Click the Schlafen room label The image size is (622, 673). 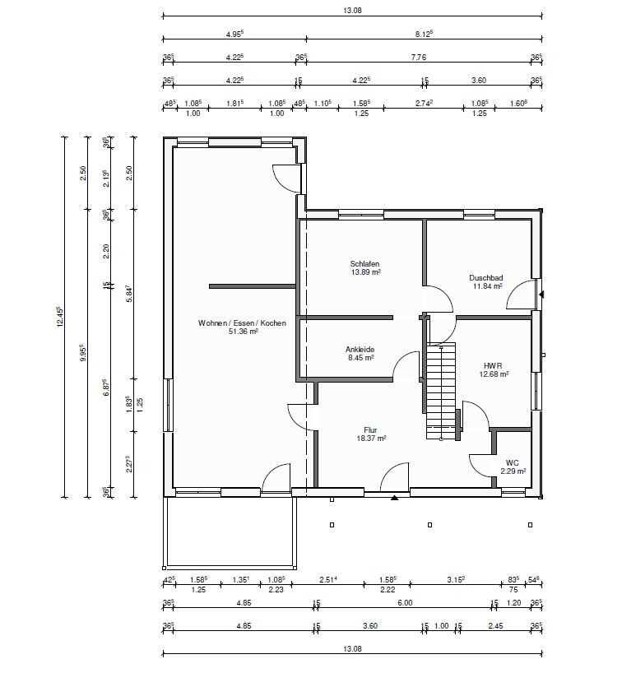coord(364,264)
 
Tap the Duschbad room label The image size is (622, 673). coord(486,278)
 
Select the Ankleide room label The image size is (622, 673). coord(360,350)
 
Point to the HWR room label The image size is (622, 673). coord(493,365)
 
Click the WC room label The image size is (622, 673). coord(512,462)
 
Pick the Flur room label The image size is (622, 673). coord(370,430)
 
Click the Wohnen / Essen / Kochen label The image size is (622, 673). coord(242,323)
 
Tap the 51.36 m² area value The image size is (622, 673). coord(244,332)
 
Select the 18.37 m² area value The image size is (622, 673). coord(371,439)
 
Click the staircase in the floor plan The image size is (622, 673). coord(441,391)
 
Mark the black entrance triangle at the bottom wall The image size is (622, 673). coord(394,498)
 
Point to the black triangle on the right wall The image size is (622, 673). coord(541,295)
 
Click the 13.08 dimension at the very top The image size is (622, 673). coord(352,11)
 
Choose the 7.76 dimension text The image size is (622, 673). coord(419,57)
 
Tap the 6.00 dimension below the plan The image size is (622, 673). coord(405,602)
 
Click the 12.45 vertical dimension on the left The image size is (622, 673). coord(60,317)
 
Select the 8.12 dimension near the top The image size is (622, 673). coord(424,34)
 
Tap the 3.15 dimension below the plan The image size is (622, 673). coord(456,580)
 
